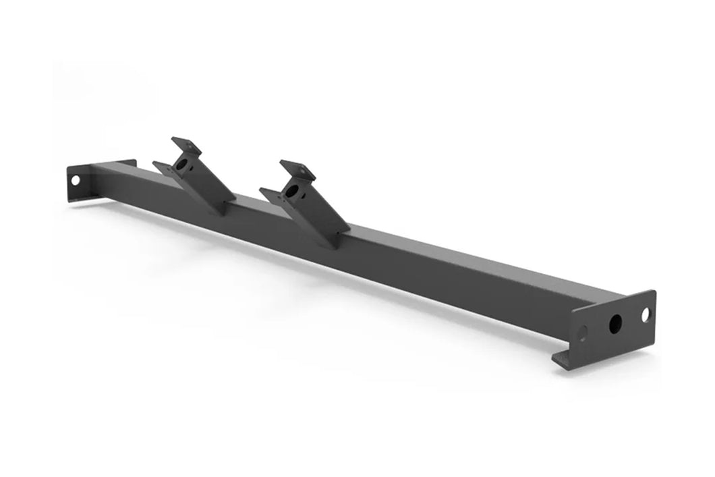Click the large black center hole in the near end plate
click(x=615, y=323)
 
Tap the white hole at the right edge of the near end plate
click(x=645, y=314)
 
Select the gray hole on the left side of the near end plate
click(x=583, y=333)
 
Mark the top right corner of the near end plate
click(x=654, y=291)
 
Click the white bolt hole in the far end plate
click(x=75, y=180)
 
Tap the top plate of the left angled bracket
click(x=184, y=145)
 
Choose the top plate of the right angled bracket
click(x=297, y=168)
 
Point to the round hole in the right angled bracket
click(x=291, y=191)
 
